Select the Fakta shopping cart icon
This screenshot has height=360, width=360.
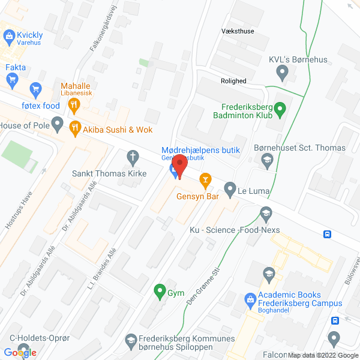pyautogui.click(x=35, y=89)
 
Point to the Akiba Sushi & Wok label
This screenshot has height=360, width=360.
pyautogui.click(x=118, y=130)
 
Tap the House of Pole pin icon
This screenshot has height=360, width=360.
pyautogui.click(x=58, y=125)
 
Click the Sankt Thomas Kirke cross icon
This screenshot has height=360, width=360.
pyautogui.click(x=133, y=157)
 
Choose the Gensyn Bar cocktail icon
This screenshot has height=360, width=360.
pyautogui.click(x=205, y=178)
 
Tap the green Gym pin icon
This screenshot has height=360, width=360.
pyautogui.click(x=159, y=293)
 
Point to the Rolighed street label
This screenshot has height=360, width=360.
pyautogui.click(x=233, y=81)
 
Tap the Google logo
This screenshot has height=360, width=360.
pyautogui.click(x=20, y=352)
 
